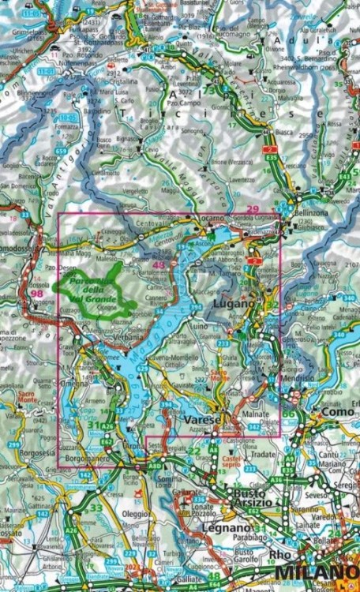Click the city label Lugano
tap(234, 304)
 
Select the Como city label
tap(339, 411)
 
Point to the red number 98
tap(36, 294)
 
